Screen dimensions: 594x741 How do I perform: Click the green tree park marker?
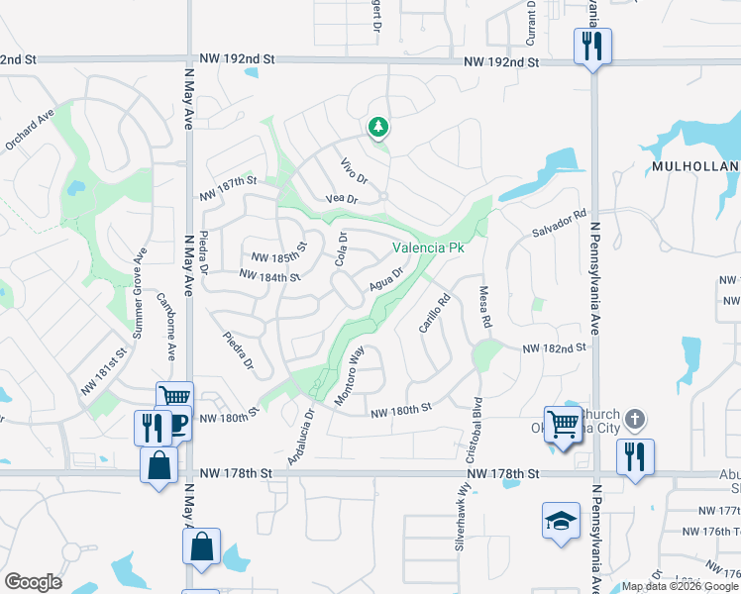[x=376, y=127]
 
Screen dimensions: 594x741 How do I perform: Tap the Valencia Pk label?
[x=428, y=247]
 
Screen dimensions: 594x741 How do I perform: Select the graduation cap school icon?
[x=561, y=521]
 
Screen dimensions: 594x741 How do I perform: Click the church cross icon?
[x=635, y=421]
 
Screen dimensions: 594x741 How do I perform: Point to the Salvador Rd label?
[x=560, y=221]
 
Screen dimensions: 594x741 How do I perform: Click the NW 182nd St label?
[x=554, y=347]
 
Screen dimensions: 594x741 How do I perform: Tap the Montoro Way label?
[x=350, y=376]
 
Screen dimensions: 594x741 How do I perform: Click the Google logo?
[x=33, y=582]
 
